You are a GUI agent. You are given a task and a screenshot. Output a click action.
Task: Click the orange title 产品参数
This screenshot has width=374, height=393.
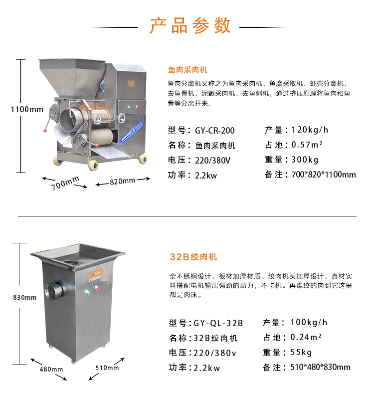[x=190, y=25]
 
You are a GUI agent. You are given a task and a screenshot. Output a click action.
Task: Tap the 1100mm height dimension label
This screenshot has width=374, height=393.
[x=27, y=110]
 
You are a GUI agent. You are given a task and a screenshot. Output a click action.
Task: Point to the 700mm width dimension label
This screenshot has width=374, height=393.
[x=65, y=183]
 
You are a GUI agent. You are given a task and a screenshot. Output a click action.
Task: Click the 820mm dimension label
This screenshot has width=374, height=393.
[x=123, y=181]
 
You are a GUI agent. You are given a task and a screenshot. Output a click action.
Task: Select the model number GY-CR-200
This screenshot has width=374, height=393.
[x=215, y=130]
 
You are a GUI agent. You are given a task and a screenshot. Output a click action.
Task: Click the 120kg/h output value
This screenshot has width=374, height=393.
[x=310, y=130]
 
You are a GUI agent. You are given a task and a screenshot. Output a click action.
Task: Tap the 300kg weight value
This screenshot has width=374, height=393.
[x=305, y=160]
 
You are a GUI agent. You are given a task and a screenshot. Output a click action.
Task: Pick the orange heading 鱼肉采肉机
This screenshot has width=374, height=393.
[x=187, y=70]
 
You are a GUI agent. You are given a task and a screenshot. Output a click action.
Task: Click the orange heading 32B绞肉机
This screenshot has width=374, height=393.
[x=193, y=257]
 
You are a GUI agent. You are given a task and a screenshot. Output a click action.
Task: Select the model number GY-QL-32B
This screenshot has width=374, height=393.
[x=218, y=323]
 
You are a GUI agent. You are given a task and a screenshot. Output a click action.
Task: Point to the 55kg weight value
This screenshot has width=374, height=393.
[x=301, y=353]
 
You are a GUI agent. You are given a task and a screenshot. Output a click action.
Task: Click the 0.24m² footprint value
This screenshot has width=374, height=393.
[x=306, y=337]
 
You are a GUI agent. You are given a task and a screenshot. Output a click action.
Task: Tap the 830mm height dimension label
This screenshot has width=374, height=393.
[x=25, y=298]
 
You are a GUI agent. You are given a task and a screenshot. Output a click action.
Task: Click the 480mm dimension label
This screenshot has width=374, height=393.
[x=51, y=369]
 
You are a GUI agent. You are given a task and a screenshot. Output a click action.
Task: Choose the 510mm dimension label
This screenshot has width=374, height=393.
[x=107, y=368]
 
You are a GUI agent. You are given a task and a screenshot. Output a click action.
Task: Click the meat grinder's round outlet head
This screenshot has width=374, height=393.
[x=53, y=290]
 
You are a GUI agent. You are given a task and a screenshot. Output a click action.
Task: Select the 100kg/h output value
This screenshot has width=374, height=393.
[x=309, y=322]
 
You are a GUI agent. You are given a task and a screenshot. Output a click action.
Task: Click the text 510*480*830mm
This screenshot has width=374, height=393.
[x=320, y=367]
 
